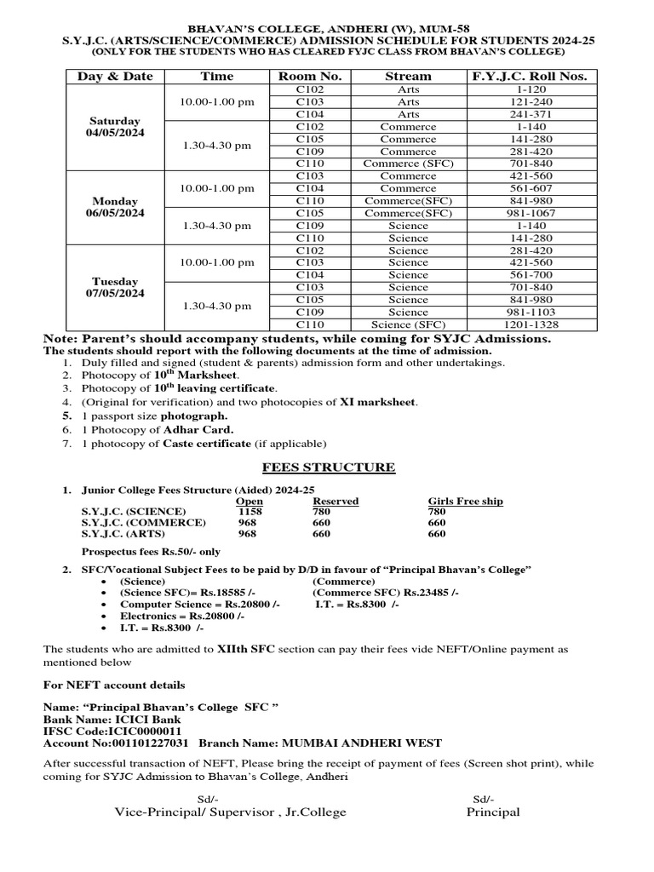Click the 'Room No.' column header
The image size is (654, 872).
coord(310,77)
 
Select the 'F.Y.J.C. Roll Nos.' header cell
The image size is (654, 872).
coord(530,77)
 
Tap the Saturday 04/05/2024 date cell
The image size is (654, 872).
coord(115,127)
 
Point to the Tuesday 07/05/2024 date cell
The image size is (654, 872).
coord(115,287)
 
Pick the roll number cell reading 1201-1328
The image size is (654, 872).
coord(530,324)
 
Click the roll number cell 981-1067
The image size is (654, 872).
coord(530,213)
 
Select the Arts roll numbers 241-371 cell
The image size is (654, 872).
coord(530,114)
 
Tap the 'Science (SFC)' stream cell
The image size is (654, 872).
coord(408,324)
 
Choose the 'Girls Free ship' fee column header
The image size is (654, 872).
coord(465,501)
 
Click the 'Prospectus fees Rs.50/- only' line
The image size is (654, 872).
coord(150,552)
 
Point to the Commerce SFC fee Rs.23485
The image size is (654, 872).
coord(385,592)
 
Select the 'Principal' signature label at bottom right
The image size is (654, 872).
coord(492,812)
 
